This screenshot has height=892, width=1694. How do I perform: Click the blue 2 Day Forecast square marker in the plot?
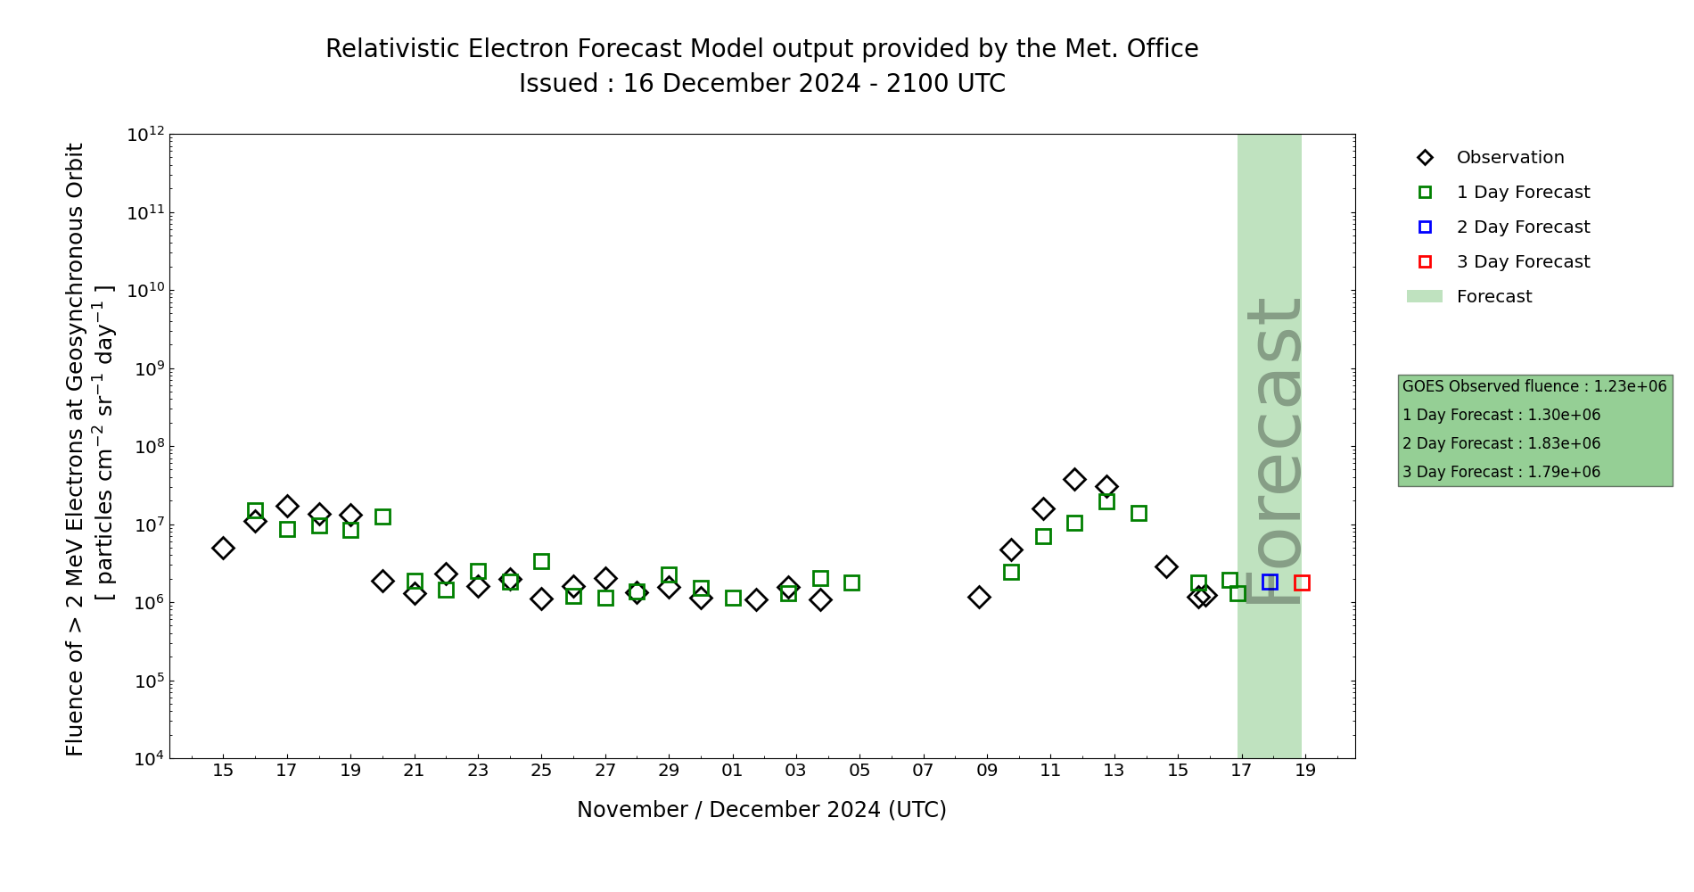pyautogui.click(x=1270, y=582)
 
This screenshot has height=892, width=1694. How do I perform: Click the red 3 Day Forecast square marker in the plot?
pyautogui.click(x=1302, y=582)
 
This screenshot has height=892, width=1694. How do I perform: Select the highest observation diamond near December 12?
pyautogui.click(x=1074, y=480)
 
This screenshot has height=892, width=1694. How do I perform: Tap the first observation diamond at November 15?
pyautogui.click(x=223, y=548)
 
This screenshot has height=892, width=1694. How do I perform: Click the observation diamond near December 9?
pyautogui.click(x=979, y=597)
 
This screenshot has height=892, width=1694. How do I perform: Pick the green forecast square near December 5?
pyautogui.click(x=851, y=582)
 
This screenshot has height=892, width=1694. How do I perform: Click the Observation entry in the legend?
pyautogui.click(x=1509, y=158)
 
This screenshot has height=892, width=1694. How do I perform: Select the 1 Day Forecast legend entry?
pyautogui.click(x=1523, y=193)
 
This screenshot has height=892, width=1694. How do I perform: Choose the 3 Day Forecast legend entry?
pyautogui.click(x=1523, y=262)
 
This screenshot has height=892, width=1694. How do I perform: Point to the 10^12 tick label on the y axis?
pyautogui.click(x=145, y=135)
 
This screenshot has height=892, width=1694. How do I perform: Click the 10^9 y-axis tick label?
pyautogui.click(x=145, y=369)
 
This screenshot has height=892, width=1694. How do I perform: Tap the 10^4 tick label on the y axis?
pyautogui.click(x=145, y=759)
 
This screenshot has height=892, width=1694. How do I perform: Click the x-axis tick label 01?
pyautogui.click(x=732, y=771)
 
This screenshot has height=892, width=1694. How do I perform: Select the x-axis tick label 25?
pyautogui.click(x=541, y=771)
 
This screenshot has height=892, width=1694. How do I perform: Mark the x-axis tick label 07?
pyautogui.click(x=923, y=771)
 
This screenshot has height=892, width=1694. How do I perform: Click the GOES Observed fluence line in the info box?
pyautogui.click(x=1534, y=387)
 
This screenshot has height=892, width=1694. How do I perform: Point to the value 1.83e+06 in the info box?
pyautogui.click(x=1564, y=444)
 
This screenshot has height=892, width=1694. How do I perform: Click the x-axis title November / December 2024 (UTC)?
pyautogui.click(x=761, y=810)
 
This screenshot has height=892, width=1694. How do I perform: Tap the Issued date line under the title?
pyautogui.click(x=761, y=84)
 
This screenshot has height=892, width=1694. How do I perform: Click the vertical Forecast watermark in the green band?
pyautogui.click(x=1273, y=450)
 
